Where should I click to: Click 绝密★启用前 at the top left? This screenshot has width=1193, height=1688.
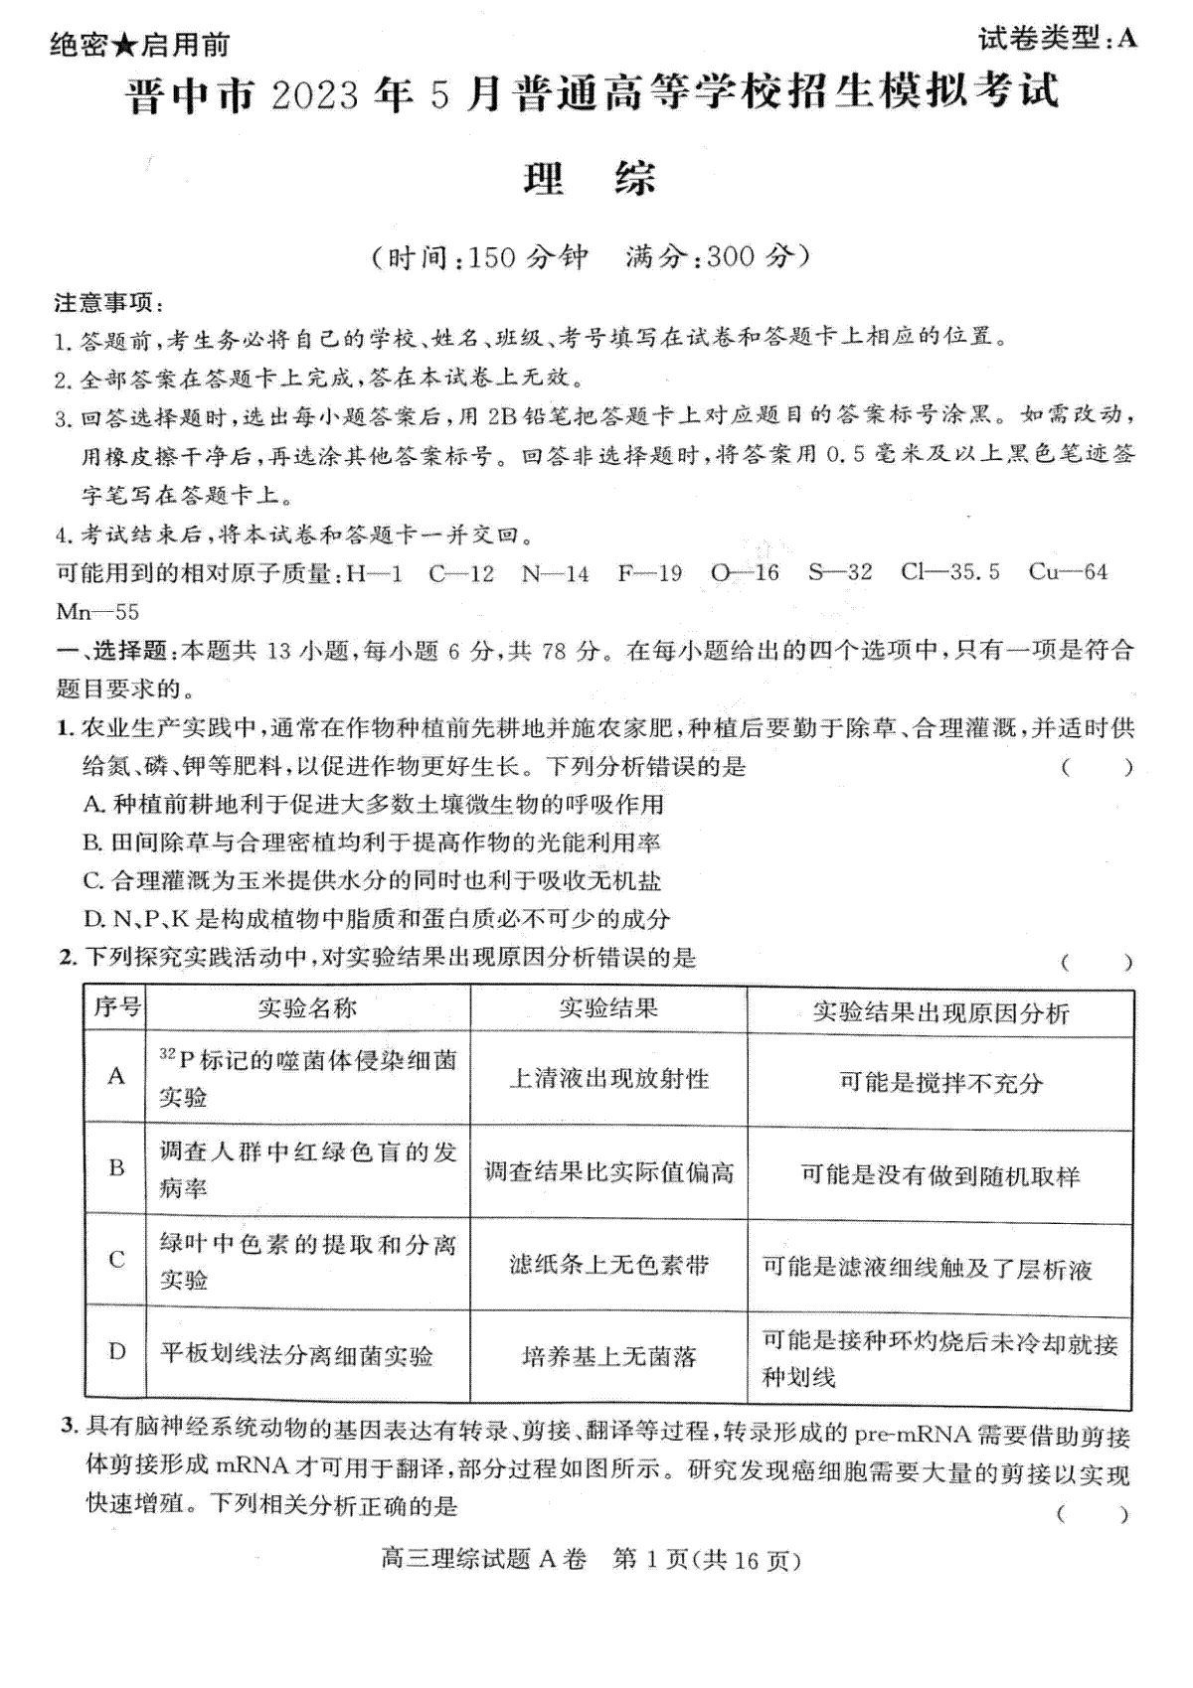139,45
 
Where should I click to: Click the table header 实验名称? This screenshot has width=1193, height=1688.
307,1008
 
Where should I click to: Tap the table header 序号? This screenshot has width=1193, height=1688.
117,1007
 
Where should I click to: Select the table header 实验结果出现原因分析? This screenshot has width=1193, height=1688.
940,1012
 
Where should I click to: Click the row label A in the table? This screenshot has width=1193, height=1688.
116,1076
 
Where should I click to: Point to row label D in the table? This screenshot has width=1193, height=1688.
116,1351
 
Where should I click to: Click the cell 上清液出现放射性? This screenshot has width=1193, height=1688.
608,1079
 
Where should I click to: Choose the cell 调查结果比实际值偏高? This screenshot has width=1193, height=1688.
608,1172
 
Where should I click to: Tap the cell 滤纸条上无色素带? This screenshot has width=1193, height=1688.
608,1265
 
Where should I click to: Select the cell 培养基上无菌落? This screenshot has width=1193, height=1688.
608,1356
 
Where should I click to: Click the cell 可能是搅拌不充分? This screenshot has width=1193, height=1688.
940,1083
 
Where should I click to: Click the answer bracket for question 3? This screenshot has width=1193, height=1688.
1093,1514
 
